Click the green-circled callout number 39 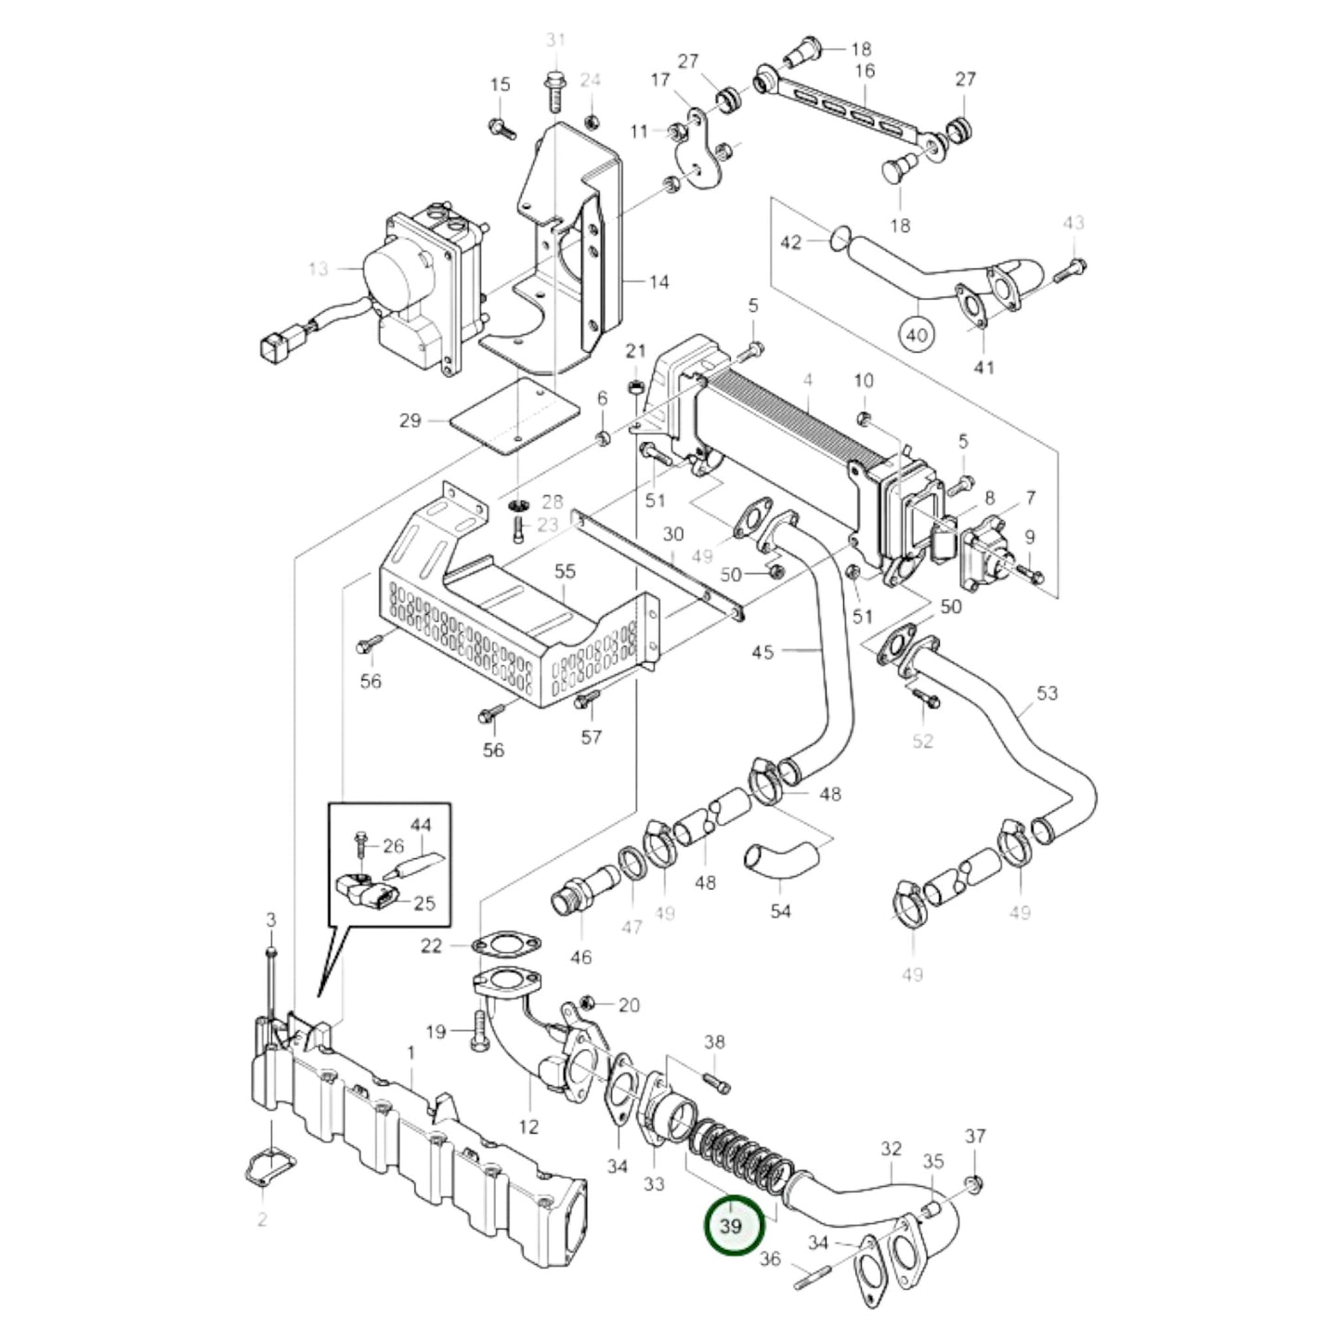coord(732,1226)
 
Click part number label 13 coord(319,269)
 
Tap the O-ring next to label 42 coord(838,241)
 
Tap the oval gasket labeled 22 coord(505,946)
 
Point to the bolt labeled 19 coord(478,1031)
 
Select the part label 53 coord(1048,694)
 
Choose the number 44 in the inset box coord(421,825)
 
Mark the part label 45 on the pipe coord(762,653)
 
